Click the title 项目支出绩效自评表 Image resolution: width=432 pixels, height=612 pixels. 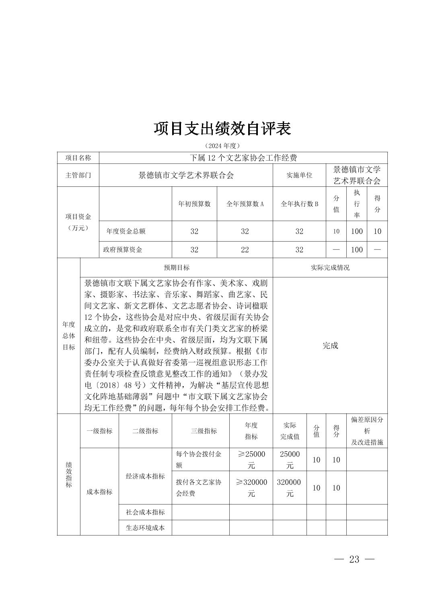pos(222,129)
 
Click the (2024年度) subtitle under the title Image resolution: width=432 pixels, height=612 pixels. pos(222,145)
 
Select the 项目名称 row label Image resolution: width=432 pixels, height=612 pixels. pos(78,158)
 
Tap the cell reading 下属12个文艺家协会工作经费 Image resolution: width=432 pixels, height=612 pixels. pos(243,158)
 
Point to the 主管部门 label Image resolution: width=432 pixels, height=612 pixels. pos(78,175)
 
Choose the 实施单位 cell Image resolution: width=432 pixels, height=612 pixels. pos(299,175)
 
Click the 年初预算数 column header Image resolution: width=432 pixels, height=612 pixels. pos(194,204)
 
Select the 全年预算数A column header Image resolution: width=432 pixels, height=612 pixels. pos(245,204)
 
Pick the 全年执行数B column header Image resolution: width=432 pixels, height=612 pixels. pos(299,204)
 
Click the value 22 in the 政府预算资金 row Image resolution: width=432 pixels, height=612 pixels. pos(245,250)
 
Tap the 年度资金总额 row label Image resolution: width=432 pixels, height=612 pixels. pos(125,231)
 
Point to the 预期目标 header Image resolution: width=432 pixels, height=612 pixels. pos(176,267)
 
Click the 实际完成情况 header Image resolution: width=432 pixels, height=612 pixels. pos(330,267)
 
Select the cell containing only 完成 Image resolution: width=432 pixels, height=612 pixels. pos(330,345)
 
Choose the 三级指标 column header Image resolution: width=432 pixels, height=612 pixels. pos(204,431)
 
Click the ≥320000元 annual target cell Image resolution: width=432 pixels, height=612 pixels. pos(251,488)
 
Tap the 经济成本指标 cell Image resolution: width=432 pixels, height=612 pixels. pos(145,476)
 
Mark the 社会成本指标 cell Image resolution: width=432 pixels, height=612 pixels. pos(145,512)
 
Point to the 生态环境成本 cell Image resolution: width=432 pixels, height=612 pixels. pos(145,528)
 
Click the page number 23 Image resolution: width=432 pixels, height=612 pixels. pos(354,559)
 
